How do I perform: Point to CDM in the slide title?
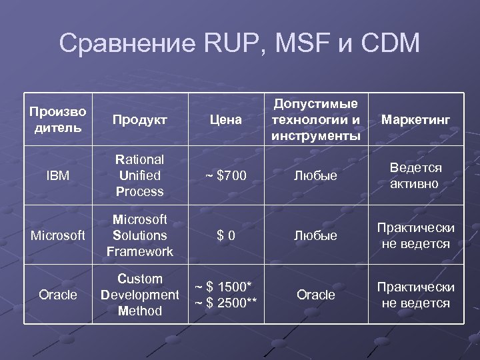389,44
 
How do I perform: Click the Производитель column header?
58,119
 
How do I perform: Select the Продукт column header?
139,119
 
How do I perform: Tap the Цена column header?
225,119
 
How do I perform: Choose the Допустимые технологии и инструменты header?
315,119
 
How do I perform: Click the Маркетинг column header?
415,119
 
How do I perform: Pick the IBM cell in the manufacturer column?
58,176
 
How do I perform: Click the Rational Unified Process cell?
139,175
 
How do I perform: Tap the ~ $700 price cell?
225,176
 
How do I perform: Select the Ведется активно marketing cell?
415,175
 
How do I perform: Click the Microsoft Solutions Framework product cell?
139,235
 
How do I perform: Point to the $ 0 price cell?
225,236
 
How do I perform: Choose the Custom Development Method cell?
139,295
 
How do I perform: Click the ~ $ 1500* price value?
225,287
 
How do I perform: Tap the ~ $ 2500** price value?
225,303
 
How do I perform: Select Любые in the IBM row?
315,176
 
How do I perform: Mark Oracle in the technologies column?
315,295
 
